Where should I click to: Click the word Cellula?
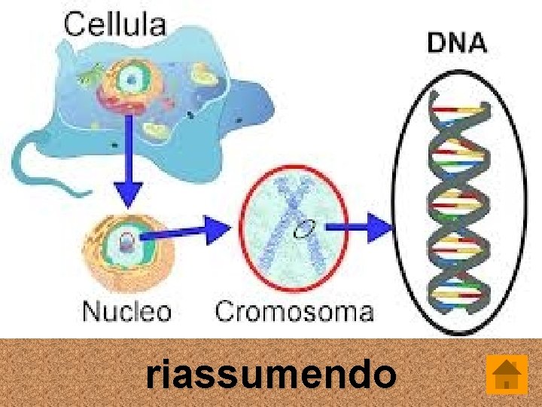(x=115, y=24)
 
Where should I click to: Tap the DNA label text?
(x=457, y=42)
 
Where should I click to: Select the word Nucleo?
(x=126, y=311)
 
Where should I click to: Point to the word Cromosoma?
(x=294, y=311)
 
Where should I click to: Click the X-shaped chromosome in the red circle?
(x=294, y=226)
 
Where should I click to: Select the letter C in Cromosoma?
(x=225, y=311)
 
